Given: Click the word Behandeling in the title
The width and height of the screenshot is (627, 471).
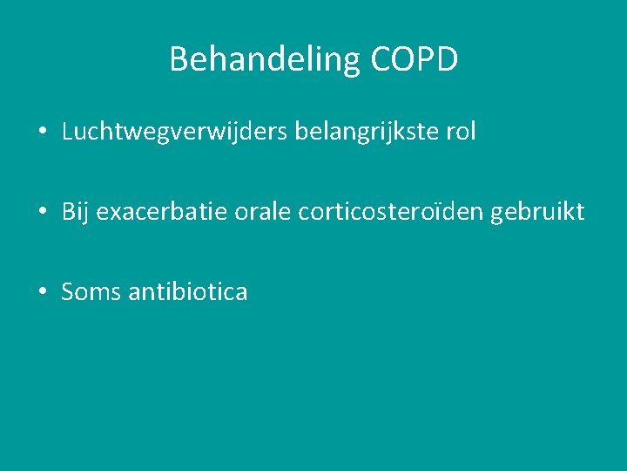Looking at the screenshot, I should pyautogui.click(x=266, y=59).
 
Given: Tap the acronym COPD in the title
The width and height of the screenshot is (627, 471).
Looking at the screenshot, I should pyautogui.click(x=415, y=59).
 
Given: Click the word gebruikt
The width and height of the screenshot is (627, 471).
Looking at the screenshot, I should pyautogui.click(x=537, y=212).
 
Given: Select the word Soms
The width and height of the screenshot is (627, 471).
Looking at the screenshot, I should pyautogui.click(x=91, y=292).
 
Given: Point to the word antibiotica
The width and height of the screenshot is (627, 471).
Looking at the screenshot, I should pyautogui.click(x=187, y=292).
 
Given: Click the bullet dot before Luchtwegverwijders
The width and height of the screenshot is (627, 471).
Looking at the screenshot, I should pyautogui.click(x=43, y=133).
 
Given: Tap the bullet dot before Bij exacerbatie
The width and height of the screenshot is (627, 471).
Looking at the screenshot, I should pyautogui.click(x=43, y=213).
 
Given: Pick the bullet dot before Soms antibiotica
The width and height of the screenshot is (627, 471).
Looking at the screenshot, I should pyautogui.click(x=43, y=293).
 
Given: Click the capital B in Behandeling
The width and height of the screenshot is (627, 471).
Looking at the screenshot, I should pyautogui.click(x=179, y=59).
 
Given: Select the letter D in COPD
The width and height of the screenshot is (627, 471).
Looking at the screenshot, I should pyautogui.click(x=446, y=59).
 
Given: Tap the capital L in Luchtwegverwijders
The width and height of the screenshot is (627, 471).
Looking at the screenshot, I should pyautogui.click(x=67, y=133).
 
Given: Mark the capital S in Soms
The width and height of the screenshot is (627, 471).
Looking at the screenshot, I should pyautogui.click(x=68, y=292).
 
